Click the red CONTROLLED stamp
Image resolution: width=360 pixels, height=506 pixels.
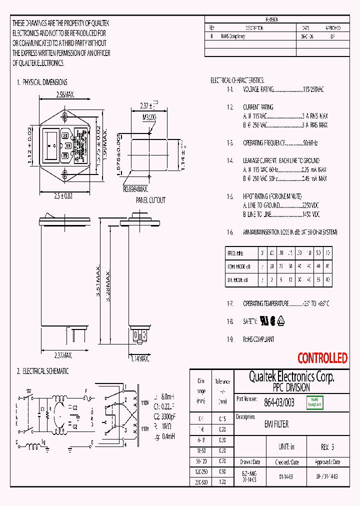coord(322,358)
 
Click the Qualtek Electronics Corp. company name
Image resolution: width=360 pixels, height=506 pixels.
coord(291,376)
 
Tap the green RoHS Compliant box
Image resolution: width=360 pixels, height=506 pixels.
coord(315,402)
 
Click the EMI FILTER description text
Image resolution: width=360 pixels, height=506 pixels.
coord(276,424)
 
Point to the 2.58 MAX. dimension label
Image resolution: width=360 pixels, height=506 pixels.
coord(65,94)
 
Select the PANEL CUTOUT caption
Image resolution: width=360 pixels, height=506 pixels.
coord(150,200)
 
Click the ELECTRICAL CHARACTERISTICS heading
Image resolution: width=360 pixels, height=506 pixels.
coord(237,80)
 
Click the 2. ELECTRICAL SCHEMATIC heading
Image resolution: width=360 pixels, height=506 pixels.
coord(42,371)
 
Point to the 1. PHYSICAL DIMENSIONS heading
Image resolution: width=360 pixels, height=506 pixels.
coord(42,82)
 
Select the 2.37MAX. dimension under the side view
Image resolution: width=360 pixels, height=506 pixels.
coord(63,355)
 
